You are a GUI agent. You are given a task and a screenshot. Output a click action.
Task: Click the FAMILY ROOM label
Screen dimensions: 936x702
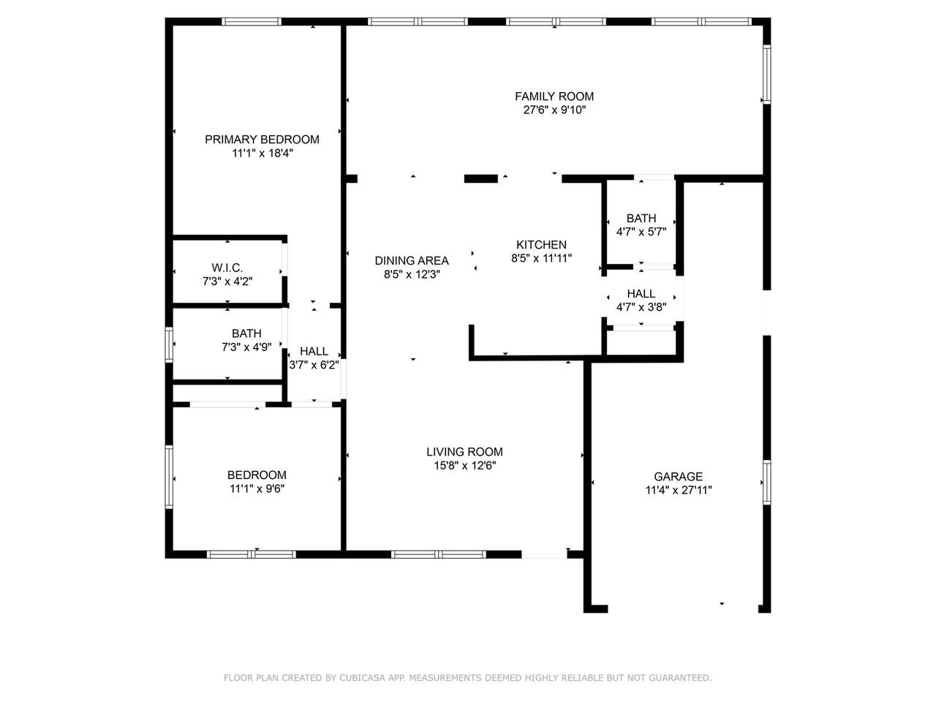tap(554, 97)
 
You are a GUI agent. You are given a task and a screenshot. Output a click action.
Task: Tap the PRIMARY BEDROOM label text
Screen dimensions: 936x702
tap(262, 140)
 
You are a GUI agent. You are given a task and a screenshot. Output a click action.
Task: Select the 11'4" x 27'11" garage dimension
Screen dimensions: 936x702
tap(679, 490)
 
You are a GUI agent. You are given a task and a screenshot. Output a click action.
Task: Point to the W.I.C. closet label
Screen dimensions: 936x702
tap(227, 268)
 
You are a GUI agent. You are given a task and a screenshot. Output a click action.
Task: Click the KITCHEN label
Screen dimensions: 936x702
tap(541, 245)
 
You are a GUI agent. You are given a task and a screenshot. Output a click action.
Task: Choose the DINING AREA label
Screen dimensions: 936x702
tap(412, 260)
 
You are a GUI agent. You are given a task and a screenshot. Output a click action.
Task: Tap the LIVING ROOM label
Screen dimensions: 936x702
tap(464, 452)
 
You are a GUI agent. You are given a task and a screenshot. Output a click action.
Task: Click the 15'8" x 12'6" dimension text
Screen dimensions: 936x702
tap(464, 466)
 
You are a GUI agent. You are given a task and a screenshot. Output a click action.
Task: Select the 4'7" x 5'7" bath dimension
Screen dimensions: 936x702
tap(641, 232)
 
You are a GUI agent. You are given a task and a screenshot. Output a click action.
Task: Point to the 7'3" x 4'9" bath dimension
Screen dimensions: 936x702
tap(246, 347)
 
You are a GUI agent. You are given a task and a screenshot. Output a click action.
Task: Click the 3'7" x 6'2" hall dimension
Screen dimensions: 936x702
tap(314, 365)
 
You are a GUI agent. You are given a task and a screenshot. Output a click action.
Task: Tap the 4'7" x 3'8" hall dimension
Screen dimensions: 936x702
tap(641, 307)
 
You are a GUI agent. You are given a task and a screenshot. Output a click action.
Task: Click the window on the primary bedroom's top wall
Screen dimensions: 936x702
tap(251, 21)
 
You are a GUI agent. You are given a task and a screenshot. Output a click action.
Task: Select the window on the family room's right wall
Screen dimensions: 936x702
tap(766, 74)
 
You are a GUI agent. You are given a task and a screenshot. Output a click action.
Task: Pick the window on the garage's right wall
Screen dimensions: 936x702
tap(766, 482)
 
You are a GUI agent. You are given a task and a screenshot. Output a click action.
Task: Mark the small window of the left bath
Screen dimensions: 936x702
tap(169, 344)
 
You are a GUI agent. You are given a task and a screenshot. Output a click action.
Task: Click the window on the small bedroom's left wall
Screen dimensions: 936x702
tap(169, 477)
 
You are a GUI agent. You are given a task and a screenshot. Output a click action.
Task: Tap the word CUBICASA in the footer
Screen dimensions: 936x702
tap(359, 678)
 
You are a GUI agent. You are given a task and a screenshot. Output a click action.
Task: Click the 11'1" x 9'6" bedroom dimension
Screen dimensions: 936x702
tap(257, 488)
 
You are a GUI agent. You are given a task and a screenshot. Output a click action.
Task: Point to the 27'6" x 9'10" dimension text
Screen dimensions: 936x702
tap(554, 110)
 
